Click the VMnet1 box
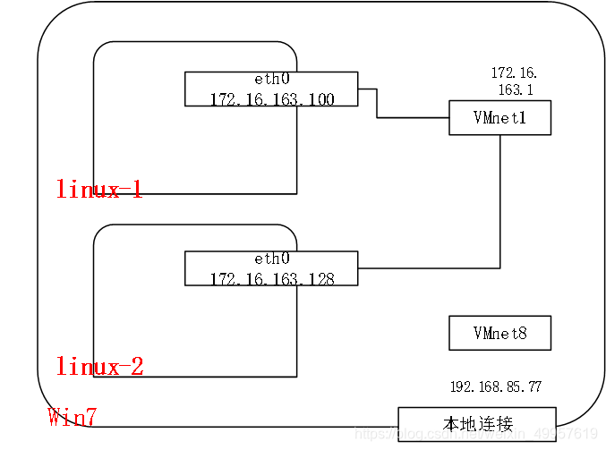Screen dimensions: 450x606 click(x=499, y=117)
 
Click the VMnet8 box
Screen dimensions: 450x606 click(x=499, y=333)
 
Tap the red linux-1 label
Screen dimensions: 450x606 click(x=99, y=189)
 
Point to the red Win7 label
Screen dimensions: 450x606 click(x=72, y=417)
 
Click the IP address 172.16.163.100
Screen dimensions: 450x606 click(x=272, y=98)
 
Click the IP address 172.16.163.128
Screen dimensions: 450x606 click(x=272, y=278)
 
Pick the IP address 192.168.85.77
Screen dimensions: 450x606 click(x=495, y=386)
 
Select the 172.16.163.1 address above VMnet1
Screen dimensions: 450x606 click(x=515, y=81)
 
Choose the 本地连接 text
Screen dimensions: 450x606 click(x=477, y=422)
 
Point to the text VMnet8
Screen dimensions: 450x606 click(x=499, y=334)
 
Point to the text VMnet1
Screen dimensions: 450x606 click(x=499, y=118)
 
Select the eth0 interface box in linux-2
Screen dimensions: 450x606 click(x=271, y=268)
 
